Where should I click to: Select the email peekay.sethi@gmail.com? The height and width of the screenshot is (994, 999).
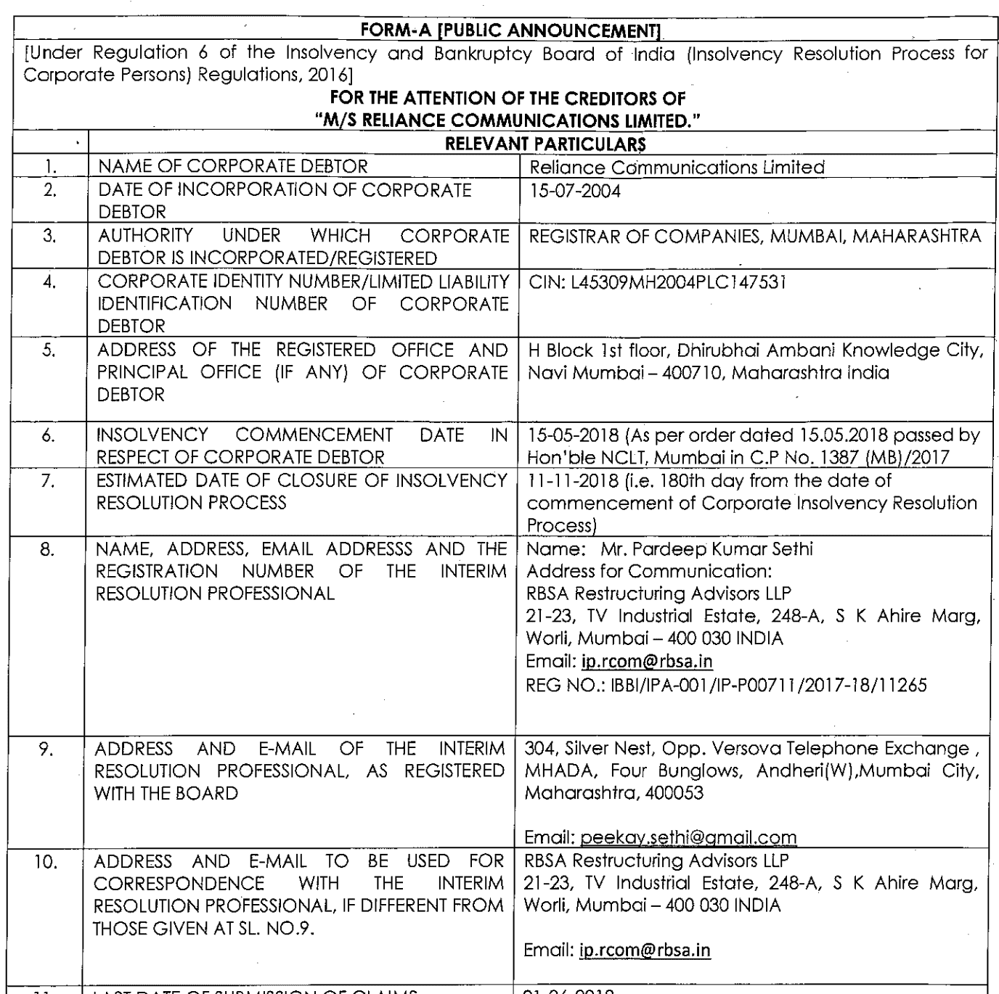[x=688, y=837]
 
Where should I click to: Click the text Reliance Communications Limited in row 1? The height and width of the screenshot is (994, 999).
[x=677, y=168]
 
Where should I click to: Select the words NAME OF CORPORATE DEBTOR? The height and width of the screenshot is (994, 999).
[x=232, y=166]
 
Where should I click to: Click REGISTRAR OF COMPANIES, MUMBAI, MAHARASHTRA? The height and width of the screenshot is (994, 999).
[x=754, y=237]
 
